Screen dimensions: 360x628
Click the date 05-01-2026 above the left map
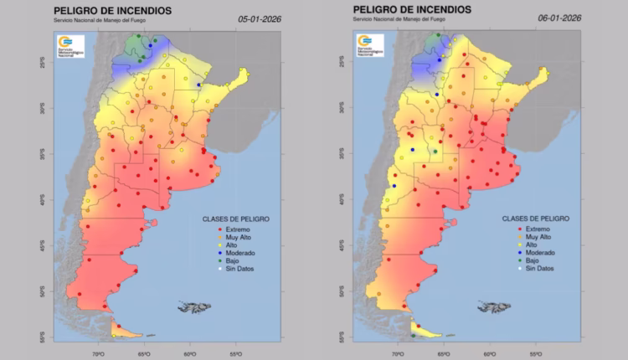tap(260, 17)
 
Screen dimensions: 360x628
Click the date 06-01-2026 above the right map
tap(560, 17)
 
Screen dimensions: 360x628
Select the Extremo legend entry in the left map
tap(238, 229)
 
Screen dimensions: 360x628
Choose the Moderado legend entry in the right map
tap(538, 252)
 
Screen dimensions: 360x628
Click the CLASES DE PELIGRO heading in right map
tap(537, 219)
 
